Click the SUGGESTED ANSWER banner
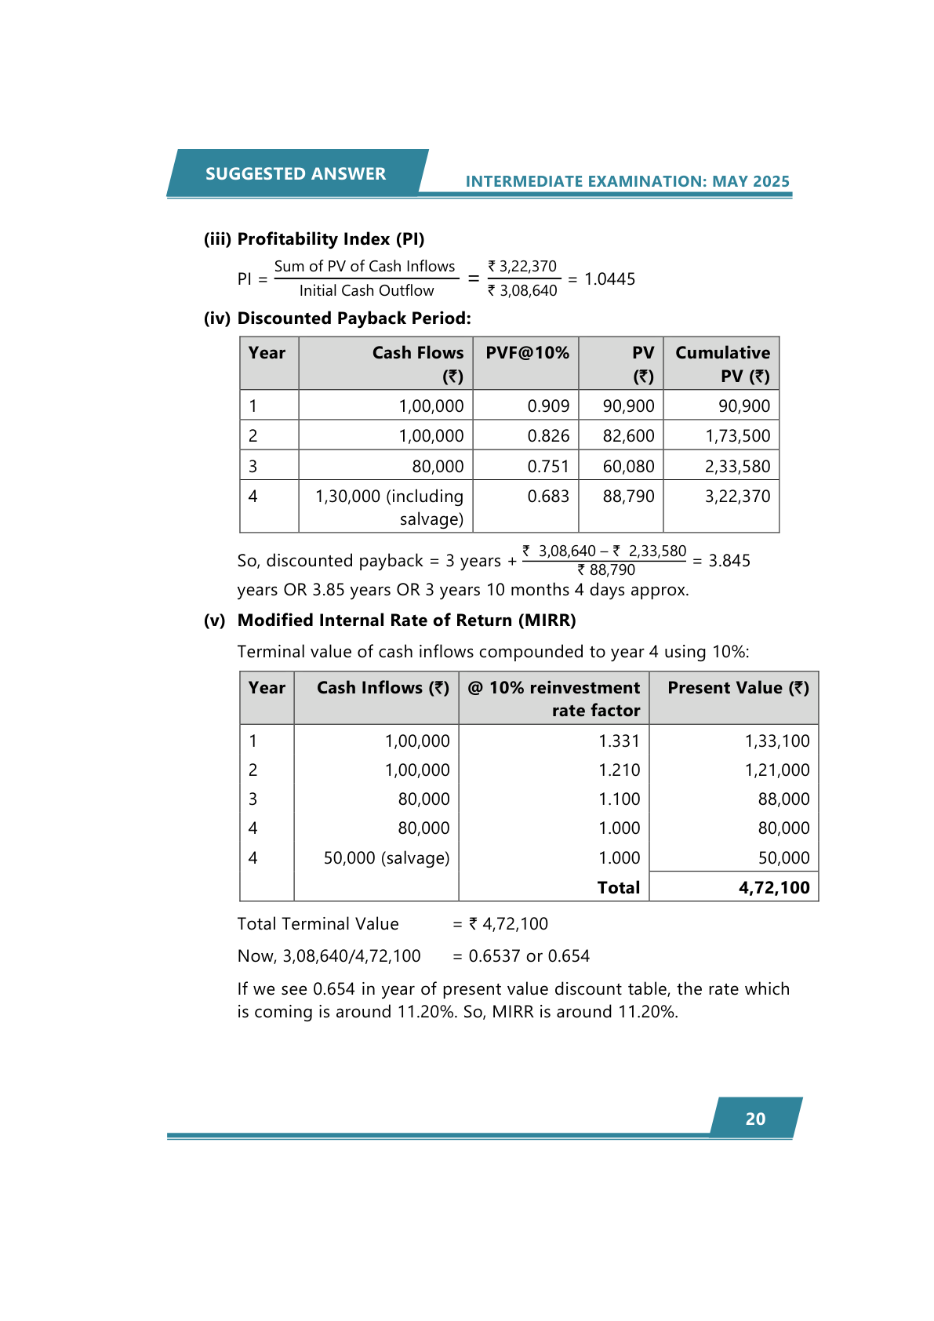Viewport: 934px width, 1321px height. click(x=296, y=173)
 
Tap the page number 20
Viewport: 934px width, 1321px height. click(x=755, y=1119)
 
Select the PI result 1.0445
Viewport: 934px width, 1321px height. click(x=609, y=279)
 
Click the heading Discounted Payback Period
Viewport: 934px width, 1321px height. click(x=354, y=318)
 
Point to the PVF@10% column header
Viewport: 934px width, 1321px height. click(x=527, y=353)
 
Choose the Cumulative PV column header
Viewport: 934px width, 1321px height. click(x=722, y=364)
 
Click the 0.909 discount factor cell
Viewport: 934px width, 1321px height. click(x=548, y=406)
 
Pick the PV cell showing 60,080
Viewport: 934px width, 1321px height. click(x=628, y=466)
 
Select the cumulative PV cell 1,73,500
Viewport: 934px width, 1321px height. click(x=737, y=435)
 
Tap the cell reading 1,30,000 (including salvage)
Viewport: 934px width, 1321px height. click(x=390, y=507)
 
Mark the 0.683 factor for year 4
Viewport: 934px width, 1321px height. click(x=548, y=496)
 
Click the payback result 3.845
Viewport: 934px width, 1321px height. click(x=729, y=560)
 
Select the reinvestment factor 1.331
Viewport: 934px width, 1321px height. click(x=619, y=741)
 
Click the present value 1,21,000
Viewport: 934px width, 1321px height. click(x=776, y=770)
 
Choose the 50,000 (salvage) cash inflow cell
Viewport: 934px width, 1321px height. click(x=387, y=857)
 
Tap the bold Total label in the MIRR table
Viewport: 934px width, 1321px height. click(x=618, y=887)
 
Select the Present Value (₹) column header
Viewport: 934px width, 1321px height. click(x=737, y=688)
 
